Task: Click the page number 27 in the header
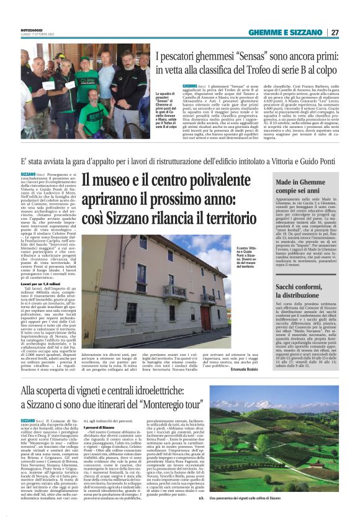pos(335,32)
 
